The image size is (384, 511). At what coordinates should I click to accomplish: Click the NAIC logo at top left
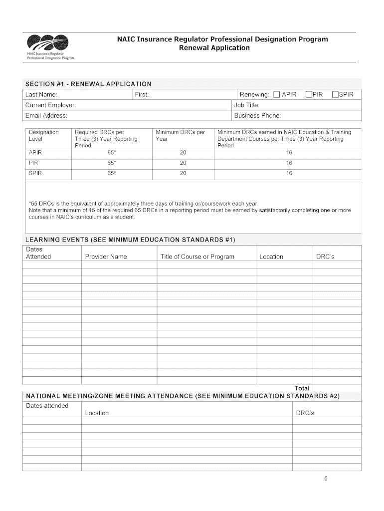(47, 44)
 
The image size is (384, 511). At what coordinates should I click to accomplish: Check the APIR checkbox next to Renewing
(276, 94)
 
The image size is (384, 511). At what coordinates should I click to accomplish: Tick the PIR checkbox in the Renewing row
(309, 94)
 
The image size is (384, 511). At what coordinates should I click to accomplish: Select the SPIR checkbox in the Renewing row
(336, 94)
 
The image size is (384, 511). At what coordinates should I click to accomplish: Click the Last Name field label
(41, 94)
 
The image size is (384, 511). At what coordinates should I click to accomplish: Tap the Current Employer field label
(50, 105)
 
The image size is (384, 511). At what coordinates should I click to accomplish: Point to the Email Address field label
(46, 116)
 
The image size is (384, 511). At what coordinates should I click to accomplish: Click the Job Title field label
(246, 105)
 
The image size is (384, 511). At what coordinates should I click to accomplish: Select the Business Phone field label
(257, 116)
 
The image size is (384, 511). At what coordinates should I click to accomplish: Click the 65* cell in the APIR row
(111, 153)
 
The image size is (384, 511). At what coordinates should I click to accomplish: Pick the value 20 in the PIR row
(183, 163)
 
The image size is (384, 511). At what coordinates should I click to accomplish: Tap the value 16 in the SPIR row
(289, 174)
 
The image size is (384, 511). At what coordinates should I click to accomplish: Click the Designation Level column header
(43, 135)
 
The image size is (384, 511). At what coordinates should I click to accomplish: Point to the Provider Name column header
(106, 256)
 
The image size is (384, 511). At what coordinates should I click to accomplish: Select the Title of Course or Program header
(197, 256)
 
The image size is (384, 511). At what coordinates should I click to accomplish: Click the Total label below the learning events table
(302, 388)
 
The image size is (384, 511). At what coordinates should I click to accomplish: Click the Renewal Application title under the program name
(214, 48)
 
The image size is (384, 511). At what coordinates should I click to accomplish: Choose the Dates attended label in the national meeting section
(47, 406)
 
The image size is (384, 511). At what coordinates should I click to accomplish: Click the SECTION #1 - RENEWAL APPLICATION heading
(88, 84)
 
